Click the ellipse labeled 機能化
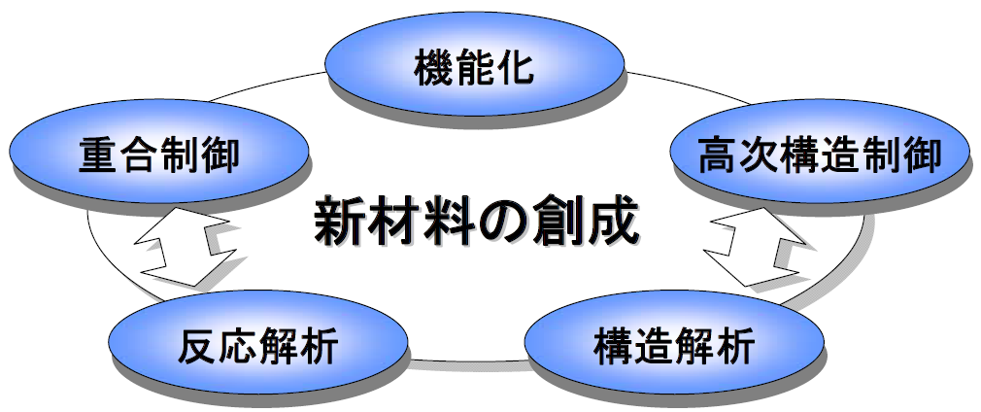pyautogui.click(x=474, y=63)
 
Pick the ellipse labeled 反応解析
pyautogui.click(x=257, y=342)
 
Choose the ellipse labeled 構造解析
pyautogui.click(x=674, y=342)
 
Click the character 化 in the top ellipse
pyautogui.click(x=514, y=68)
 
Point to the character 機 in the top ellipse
pyautogui.click(x=433, y=68)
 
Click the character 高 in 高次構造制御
pyautogui.click(x=718, y=154)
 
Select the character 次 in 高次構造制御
pyautogui.click(x=759, y=154)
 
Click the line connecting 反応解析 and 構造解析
pyautogui.click(x=466, y=360)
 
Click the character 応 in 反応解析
pyautogui.click(x=238, y=346)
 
